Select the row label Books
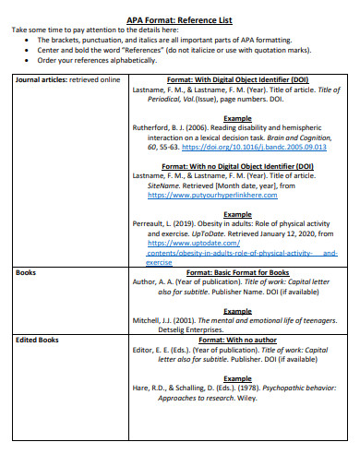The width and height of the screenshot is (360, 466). [27, 273]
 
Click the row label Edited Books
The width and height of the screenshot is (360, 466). [37, 340]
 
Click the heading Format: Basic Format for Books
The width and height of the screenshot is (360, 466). [237, 273]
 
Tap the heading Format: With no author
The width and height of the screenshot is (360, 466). [237, 340]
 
